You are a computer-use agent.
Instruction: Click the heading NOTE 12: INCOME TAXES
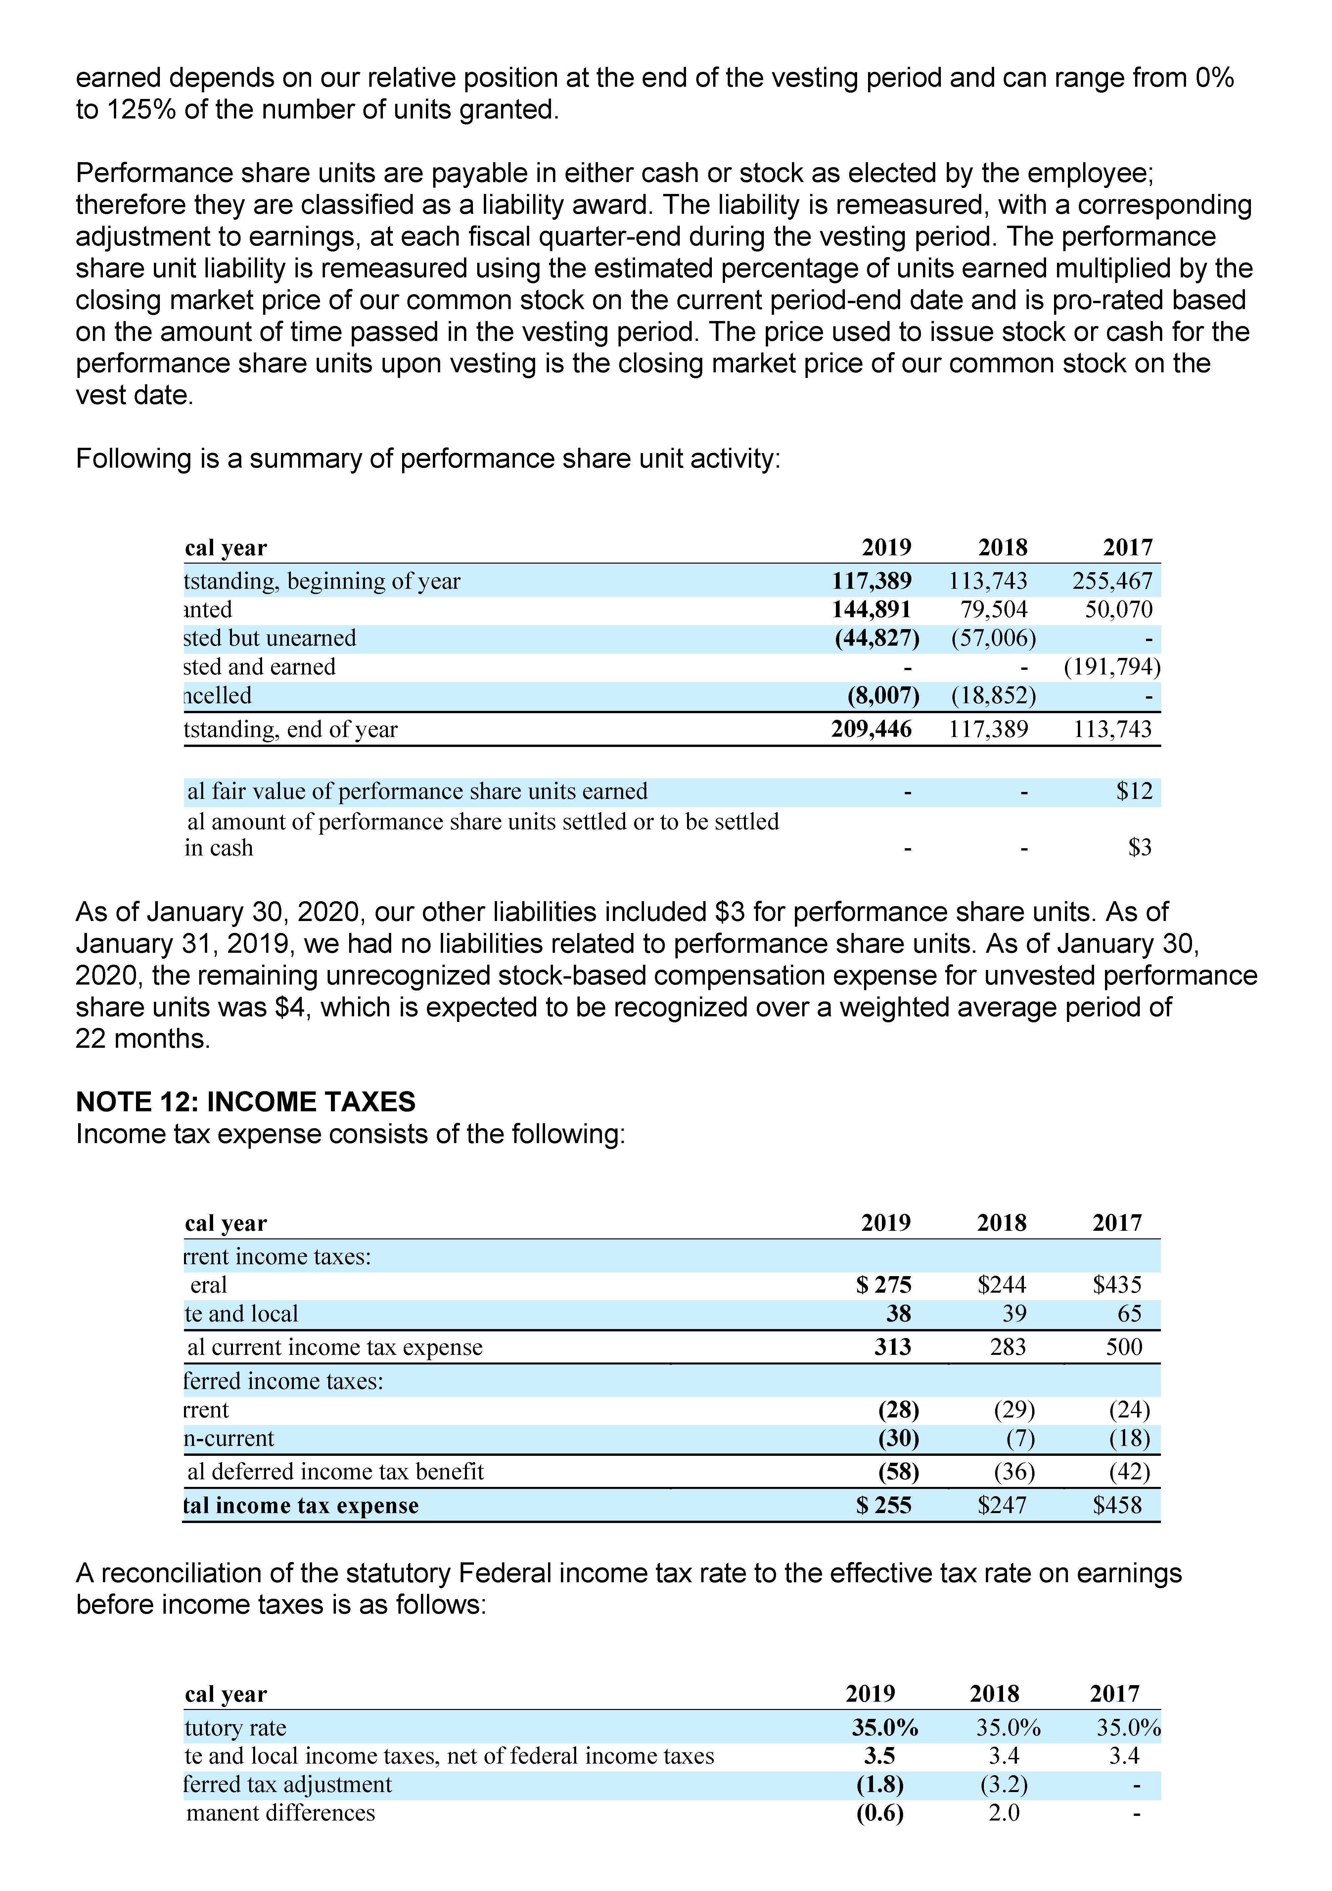coord(246,1102)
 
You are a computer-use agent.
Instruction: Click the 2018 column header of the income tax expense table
coord(1002,1223)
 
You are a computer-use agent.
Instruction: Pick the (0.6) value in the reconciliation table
coord(880,1813)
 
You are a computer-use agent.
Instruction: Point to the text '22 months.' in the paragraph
coord(143,1038)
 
